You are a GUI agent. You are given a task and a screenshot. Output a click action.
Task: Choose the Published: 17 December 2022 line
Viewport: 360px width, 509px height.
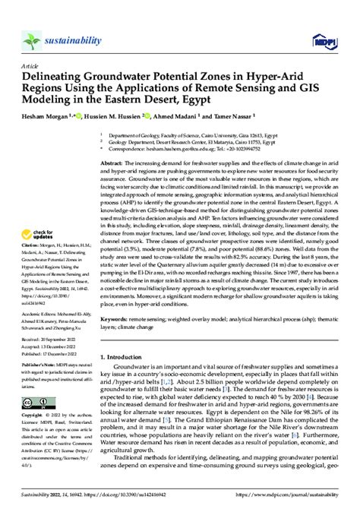pyautogui.click(x=49, y=375)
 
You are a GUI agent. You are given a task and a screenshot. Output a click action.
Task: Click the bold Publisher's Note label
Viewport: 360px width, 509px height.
pyautogui.click(x=39, y=387)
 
